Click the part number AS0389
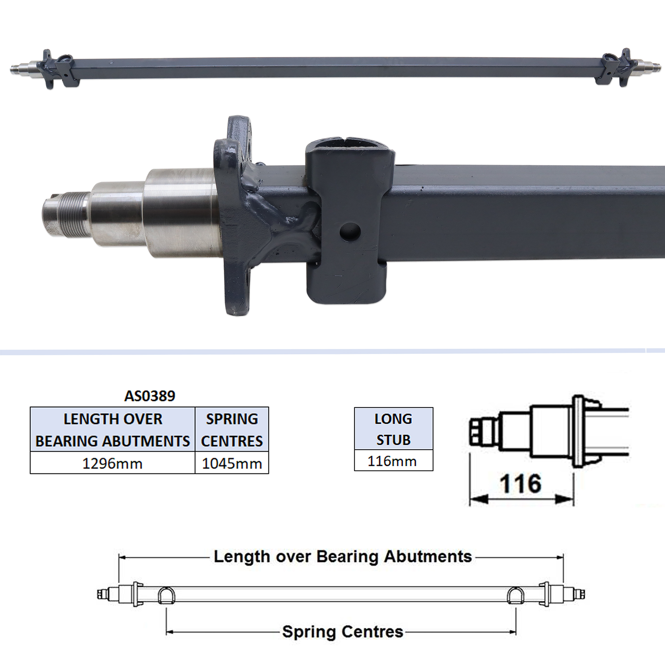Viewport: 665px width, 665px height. [150, 396]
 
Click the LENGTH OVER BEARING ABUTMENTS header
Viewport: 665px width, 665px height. [113, 430]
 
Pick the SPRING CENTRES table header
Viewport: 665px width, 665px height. [232, 430]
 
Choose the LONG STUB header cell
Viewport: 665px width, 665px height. [393, 429]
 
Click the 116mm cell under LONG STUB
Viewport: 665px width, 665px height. [393, 460]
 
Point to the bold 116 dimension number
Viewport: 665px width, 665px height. [521, 484]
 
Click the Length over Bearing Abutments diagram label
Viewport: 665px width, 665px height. [343, 557]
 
